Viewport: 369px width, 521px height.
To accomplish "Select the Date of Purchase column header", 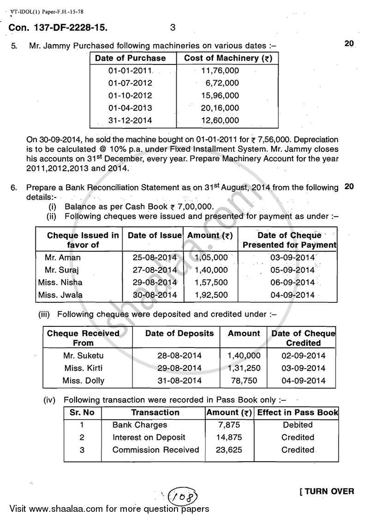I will pos(130,58).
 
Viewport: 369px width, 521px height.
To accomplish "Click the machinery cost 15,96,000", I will pos(220,96).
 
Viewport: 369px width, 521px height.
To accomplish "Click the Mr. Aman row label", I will pos(63,258).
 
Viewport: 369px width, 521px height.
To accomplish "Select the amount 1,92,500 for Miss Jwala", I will pos(211,295).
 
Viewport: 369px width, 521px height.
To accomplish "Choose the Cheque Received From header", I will pos(83,338).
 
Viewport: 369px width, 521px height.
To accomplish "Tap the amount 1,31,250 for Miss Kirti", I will pos(244,368).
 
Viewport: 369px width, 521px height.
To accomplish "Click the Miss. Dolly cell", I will pos(83,381).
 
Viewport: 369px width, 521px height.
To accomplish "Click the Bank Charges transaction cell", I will pos(140,425).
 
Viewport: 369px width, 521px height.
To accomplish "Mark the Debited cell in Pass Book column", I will pos(298,425).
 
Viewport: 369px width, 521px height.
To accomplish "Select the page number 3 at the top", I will pos(173,28).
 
